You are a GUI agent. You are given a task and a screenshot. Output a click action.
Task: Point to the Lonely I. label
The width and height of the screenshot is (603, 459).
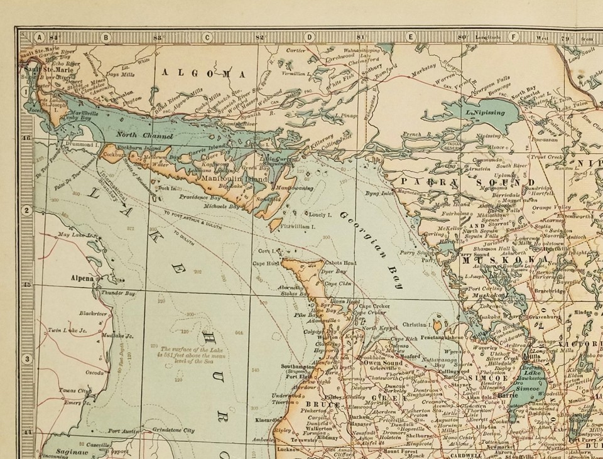(320, 214)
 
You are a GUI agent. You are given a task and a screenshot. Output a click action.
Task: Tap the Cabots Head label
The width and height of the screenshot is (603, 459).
(340, 263)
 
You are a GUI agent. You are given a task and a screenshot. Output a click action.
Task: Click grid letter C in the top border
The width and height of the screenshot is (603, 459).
(206, 37)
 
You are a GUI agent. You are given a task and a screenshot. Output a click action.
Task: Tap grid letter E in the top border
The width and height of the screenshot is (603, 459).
(410, 37)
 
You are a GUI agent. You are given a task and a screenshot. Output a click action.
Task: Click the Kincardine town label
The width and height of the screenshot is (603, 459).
(268, 419)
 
